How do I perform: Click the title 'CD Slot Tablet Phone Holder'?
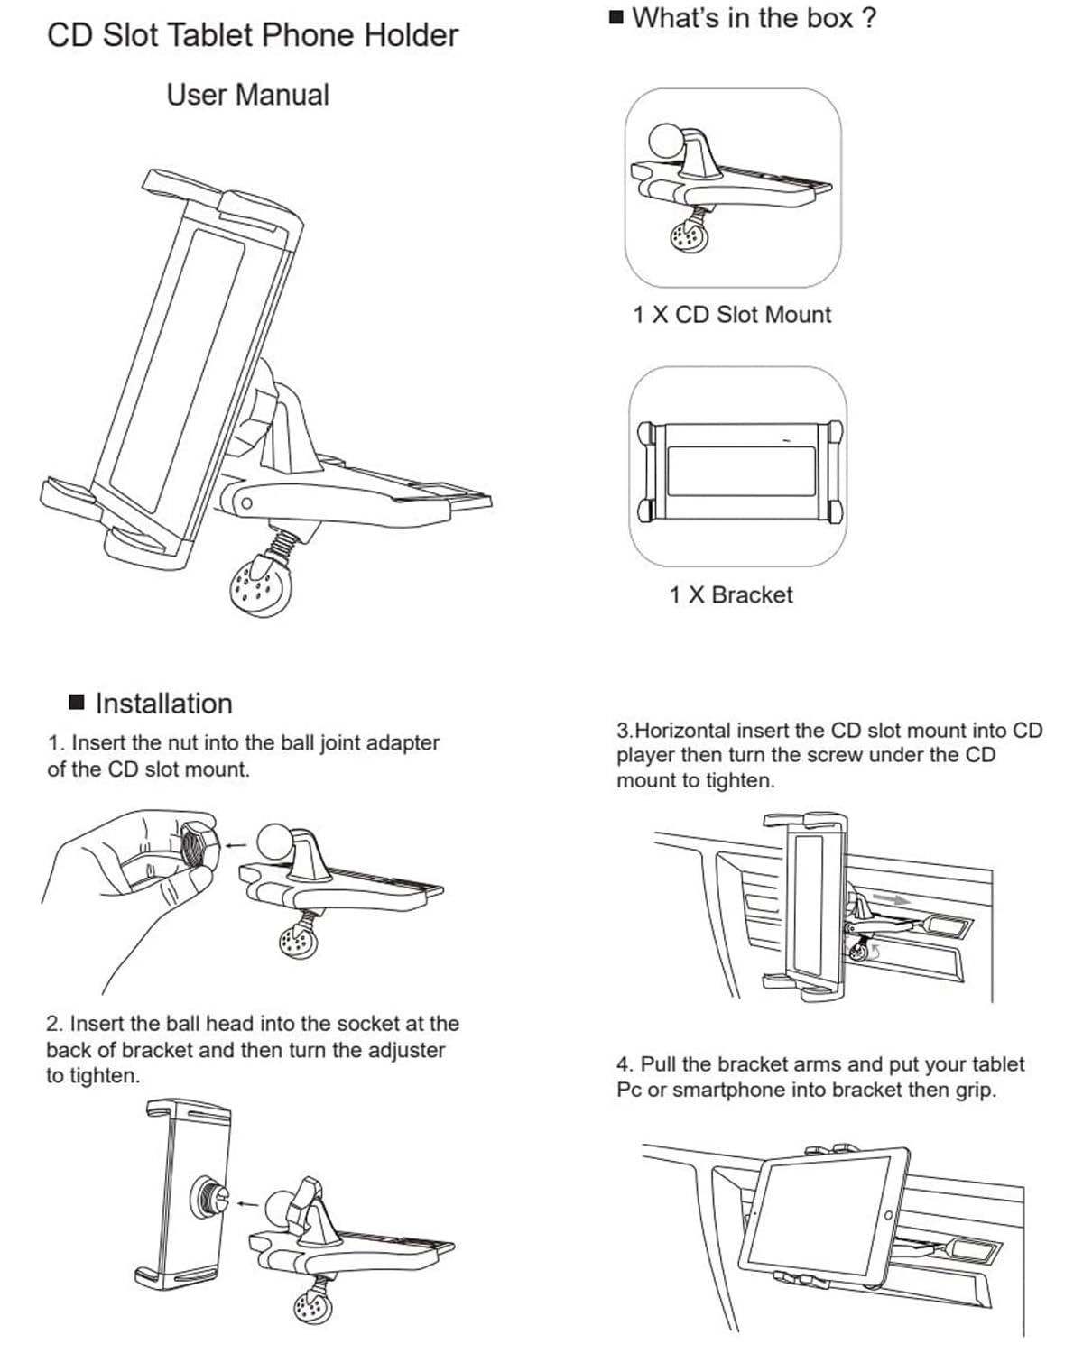(253, 36)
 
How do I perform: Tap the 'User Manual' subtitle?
(247, 95)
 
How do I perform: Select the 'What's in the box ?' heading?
(754, 18)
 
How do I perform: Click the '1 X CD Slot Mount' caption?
(731, 315)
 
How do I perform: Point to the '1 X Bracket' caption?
(731, 595)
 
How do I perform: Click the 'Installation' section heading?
(163, 704)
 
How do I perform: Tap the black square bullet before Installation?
(78, 702)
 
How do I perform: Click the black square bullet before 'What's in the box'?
(616, 17)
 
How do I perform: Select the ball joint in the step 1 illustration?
(274, 842)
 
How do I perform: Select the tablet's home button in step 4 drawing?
(888, 1215)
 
